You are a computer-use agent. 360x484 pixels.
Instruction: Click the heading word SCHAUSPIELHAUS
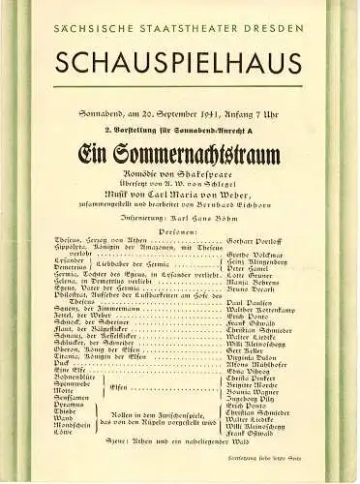click(180, 65)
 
